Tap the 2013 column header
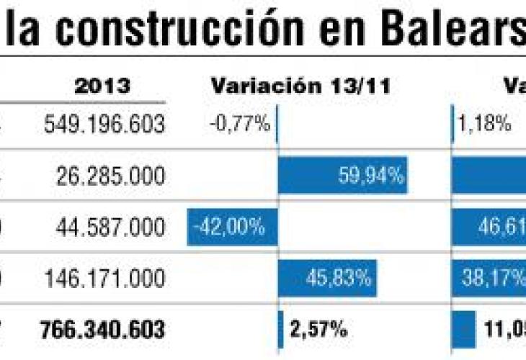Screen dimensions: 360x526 103,86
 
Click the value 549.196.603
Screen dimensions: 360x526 104,124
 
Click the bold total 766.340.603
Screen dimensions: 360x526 103,330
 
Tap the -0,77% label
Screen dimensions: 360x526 239,124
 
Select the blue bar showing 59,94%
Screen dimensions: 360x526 342,175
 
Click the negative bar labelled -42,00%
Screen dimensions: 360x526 232,227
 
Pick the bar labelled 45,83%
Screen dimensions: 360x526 327,278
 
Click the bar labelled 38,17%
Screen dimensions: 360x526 489,278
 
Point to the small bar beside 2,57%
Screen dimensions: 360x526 280,330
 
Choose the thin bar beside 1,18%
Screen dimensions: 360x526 453,124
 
